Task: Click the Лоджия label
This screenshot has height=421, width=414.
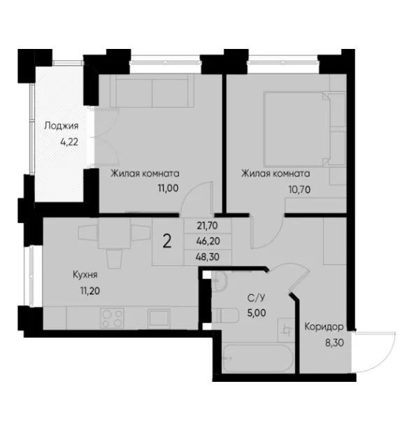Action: (62, 126)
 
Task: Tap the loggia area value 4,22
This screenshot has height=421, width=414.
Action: (69, 141)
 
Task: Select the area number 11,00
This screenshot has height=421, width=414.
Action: (168, 188)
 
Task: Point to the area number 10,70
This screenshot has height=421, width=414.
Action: (299, 190)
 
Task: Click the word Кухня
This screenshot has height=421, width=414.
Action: (85, 275)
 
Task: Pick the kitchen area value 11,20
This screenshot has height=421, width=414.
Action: (90, 290)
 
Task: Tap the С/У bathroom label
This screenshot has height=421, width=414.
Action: (257, 297)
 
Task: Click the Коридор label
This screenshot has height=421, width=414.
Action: (324, 327)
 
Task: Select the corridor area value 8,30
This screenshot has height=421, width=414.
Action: (334, 343)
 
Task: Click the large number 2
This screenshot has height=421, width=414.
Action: (167, 242)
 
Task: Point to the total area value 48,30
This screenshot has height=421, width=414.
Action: (208, 257)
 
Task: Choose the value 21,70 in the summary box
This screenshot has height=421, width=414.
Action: (207, 226)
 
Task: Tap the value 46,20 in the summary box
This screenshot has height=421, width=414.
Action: (208, 241)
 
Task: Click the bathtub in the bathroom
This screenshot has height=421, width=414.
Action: (257, 358)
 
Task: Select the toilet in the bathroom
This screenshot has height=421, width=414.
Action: (225, 315)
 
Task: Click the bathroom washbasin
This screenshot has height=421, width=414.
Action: (220, 281)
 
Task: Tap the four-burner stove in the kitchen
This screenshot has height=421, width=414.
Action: (112, 318)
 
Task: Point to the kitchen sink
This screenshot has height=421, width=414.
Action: (159, 318)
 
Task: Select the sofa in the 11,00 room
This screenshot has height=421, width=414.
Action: (152, 91)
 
